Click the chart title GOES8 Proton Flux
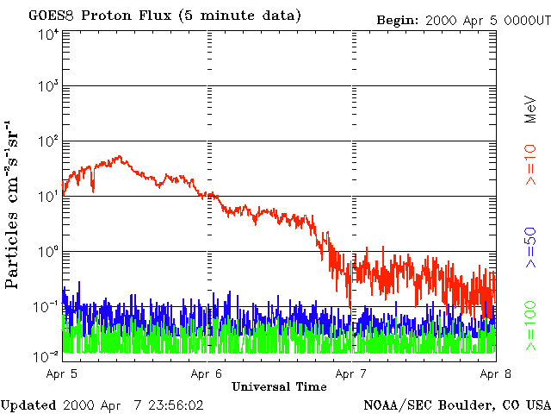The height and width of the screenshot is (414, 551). coord(164,16)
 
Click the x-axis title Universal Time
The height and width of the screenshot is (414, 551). coord(279,386)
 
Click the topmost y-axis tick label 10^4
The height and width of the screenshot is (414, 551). coord(48,34)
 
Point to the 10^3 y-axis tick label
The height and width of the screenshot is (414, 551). coord(48,88)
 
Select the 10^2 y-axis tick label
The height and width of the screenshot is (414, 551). coord(48,142)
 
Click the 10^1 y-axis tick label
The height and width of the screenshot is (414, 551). coord(48,198)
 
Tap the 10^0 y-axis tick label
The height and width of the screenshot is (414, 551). coord(48,253)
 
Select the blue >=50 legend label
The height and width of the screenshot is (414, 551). coord(531,246)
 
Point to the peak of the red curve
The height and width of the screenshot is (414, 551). coord(119,158)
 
